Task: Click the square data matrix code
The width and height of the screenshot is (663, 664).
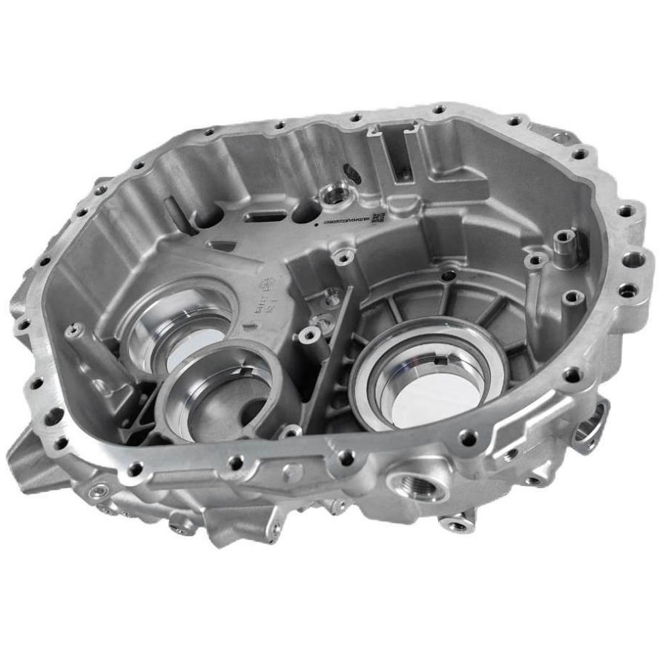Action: pyautogui.click(x=378, y=217)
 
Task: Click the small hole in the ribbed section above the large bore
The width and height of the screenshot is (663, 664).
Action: pyautogui.click(x=447, y=275)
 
